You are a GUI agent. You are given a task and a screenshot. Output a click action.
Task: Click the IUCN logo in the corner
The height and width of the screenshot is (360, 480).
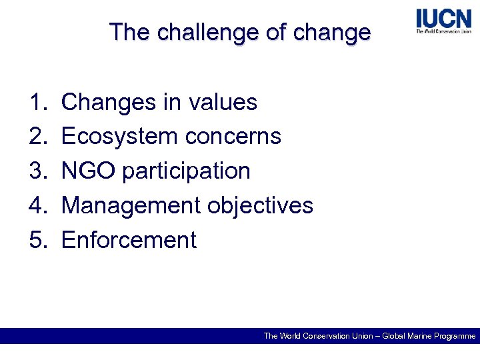443,21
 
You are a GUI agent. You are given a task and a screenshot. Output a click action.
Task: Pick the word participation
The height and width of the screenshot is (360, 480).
186,171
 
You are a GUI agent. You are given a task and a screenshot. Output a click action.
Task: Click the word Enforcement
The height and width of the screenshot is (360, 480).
129,240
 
